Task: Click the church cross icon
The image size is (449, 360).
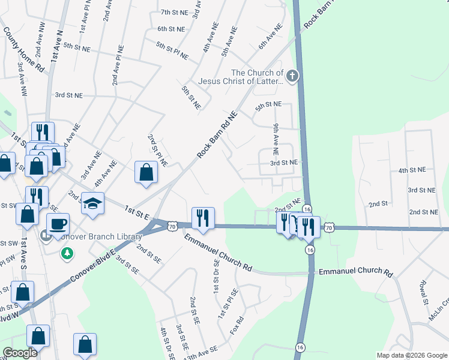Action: (x=292, y=76)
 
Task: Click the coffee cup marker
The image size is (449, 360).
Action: (x=58, y=224)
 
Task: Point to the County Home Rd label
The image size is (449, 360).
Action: (x=24, y=50)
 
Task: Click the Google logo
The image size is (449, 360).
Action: (x=20, y=353)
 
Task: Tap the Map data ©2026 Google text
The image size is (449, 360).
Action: (x=412, y=355)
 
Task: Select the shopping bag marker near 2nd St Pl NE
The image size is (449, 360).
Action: (x=146, y=173)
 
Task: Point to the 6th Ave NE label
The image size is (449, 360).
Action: (x=270, y=37)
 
